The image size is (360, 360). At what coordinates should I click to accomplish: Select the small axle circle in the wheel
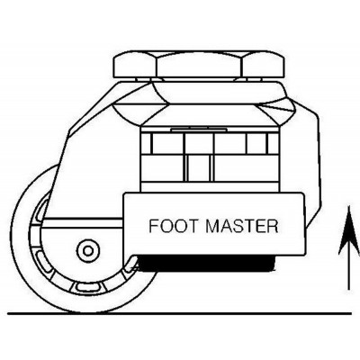87,249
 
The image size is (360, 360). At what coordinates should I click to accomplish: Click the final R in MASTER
271,225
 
